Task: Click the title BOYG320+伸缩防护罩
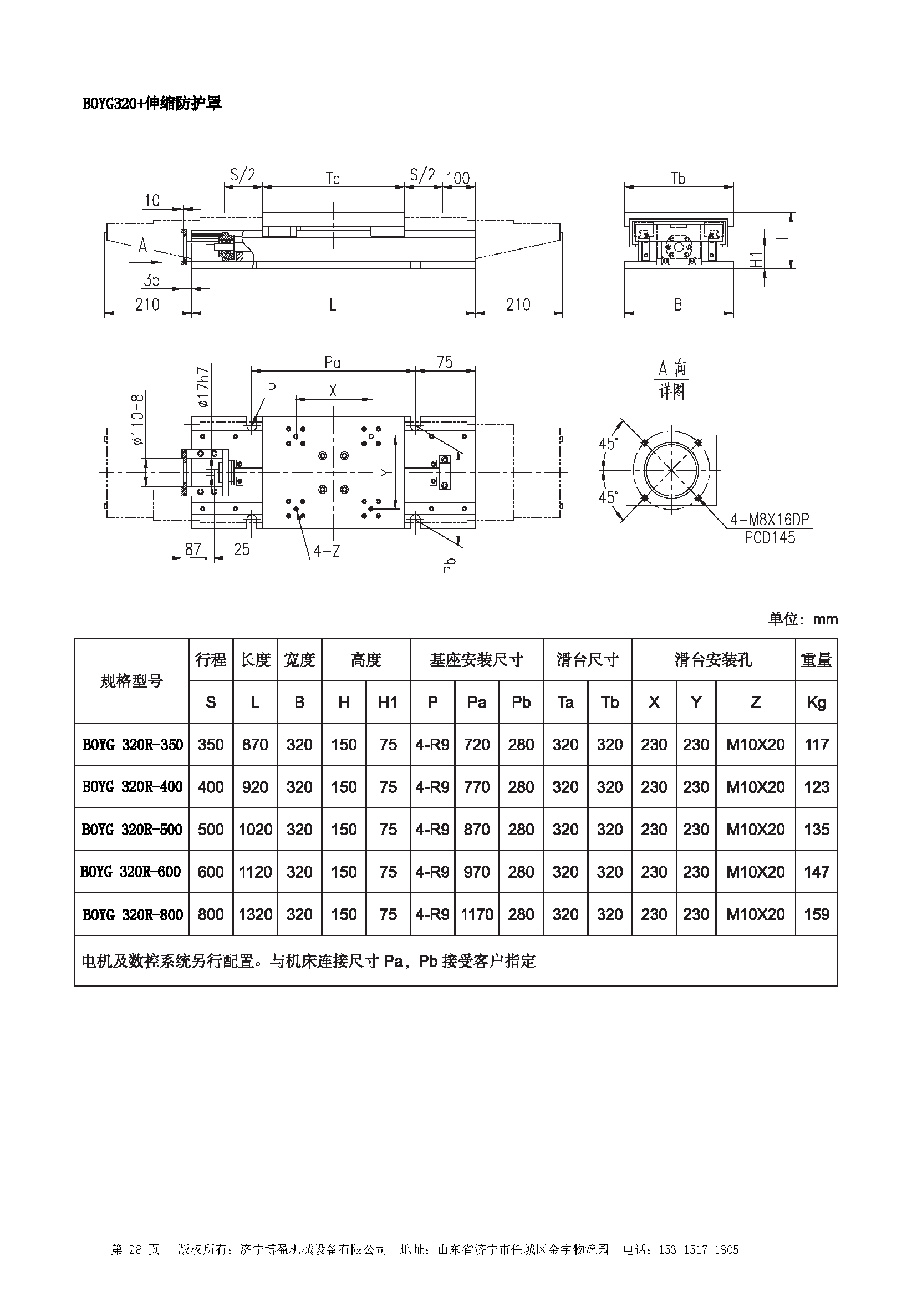pos(152,103)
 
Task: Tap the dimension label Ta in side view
pos(333,179)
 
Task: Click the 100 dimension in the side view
pos(457,179)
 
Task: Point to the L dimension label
pos(333,305)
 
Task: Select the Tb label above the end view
pos(677,179)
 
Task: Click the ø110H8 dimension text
pos(138,420)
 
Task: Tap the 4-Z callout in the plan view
pos(327,550)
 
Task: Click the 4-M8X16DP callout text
pos(769,520)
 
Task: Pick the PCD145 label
pos(769,538)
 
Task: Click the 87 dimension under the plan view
pos(192,549)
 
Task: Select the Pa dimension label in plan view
pos(333,362)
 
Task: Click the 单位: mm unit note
pos(802,619)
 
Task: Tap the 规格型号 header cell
pos(131,681)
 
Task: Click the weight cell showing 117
pos(816,745)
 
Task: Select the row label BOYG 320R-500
pos(131,829)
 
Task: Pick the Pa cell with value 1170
pos(477,914)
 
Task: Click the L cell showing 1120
pos(255,872)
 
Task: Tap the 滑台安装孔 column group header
pos(713,660)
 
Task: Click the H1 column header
pos(388,702)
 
